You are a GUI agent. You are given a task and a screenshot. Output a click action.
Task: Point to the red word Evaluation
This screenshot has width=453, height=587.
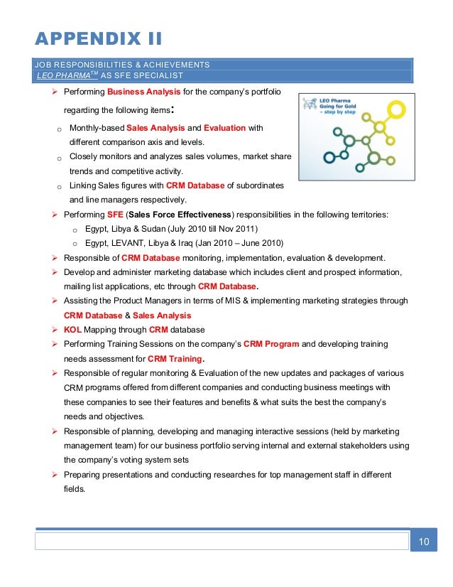[224, 128]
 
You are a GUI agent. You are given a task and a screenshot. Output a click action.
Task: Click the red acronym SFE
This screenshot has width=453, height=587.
[115, 215]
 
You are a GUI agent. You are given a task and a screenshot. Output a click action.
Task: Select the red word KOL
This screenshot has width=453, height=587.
[72, 330]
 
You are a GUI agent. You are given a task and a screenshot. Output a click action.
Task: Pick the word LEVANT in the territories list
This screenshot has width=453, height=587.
[128, 243]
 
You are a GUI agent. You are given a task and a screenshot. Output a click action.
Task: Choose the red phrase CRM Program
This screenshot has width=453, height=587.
[271, 344]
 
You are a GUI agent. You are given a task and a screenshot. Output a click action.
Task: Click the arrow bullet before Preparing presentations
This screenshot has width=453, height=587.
[55, 475]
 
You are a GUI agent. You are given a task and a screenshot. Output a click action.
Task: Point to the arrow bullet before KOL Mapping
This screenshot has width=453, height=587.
[55, 330]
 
